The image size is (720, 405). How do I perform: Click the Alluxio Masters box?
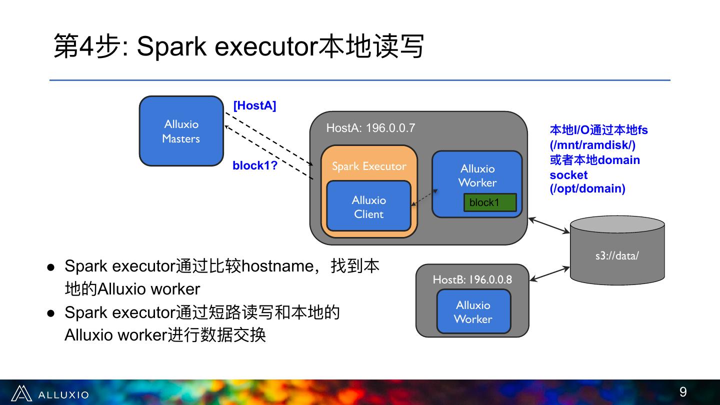click(x=181, y=131)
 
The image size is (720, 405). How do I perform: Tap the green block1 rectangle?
click(x=490, y=202)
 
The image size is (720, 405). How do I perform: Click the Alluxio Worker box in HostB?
click(x=473, y=311)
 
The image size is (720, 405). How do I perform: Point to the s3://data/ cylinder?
click(x=617, y=250)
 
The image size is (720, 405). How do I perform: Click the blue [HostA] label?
click(x=254, y=105)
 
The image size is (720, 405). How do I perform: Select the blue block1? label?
click(x=255, y=165)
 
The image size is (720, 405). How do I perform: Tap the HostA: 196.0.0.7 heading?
click(x=370, y=128)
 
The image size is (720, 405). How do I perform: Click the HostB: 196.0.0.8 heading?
click(x=472, y=279)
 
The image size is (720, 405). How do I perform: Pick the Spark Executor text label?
click(x=369, y=166)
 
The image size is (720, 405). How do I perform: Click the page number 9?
click(x=682, y=392)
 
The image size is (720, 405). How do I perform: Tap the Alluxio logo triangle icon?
click(x=21, y=393)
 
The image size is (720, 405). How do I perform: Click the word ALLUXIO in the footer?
click(x=63, y=394)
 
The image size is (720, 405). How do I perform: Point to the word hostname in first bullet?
click(x=277, y=266)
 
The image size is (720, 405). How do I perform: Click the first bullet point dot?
click(x=51, y=267)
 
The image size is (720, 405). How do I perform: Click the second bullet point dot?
click(x=51, y=313)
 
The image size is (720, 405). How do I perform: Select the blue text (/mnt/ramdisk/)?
click(x=592, y=145)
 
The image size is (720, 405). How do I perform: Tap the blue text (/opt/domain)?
click(x=587, y=188)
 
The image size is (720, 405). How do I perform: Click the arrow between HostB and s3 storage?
click(x=549, y=274)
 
